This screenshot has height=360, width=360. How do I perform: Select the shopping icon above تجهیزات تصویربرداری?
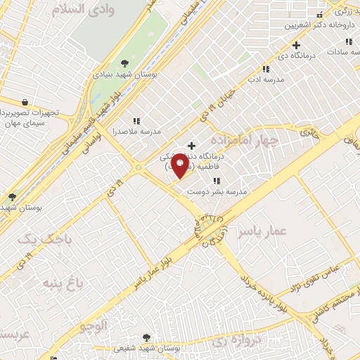pos(25,101)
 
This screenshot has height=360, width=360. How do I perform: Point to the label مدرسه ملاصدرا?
pos(138,131)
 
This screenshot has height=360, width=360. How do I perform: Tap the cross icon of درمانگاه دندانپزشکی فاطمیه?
pos(191,146)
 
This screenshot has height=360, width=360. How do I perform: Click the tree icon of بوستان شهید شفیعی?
pos(146,337)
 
